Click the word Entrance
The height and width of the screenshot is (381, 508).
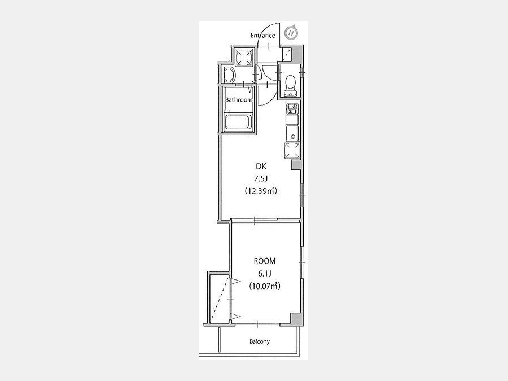click(x=262, y=36)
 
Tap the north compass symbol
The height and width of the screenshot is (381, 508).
click(x=292, y=33)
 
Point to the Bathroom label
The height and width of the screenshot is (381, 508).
click(x=239, y=100)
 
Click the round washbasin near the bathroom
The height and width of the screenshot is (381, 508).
click(x=229, y=75)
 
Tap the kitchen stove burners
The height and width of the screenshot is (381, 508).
click(x=292, y=108)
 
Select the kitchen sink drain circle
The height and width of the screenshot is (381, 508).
click(x=293, y=137)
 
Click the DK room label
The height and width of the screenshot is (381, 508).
click(x=261, y=167)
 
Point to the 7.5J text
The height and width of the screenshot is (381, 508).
click(x=261, y=178)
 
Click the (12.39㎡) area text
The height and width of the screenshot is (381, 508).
click(x=261, y=191)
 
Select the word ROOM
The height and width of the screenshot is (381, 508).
click(x=265, y=261)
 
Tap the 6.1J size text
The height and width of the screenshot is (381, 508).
click(x=264, y=274)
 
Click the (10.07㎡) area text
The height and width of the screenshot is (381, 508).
click(x=265, y=286)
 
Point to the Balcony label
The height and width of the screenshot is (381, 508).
click(x=260, y=341)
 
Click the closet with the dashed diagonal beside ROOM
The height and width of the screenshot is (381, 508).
click(x=220, y=299)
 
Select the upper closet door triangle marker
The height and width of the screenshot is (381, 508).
click(x=235, y=282)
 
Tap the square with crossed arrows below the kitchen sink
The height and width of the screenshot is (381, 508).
click(x=292, y=151)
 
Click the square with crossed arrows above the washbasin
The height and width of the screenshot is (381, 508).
click(x=244, y=58)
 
